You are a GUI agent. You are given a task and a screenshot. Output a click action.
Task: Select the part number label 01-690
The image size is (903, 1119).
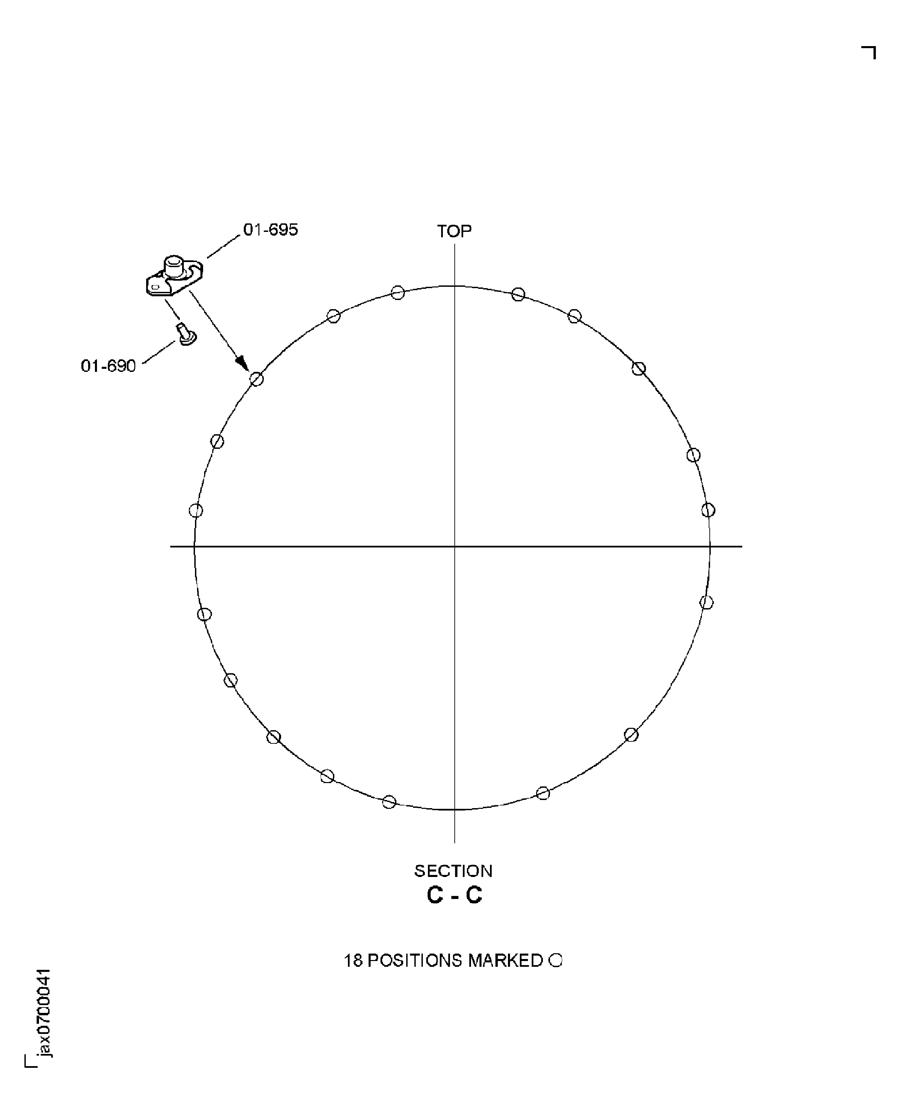click(x=108, y=366)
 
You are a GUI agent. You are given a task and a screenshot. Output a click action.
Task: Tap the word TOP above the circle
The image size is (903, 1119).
click(x=454, y=232)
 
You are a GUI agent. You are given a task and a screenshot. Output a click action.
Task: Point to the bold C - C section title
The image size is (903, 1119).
click(x=454, y=895)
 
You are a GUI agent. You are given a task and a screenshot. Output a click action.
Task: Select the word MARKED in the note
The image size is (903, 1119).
click(x=505, y=960)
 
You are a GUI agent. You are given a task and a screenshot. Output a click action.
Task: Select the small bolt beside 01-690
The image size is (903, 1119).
click(x=186, y=334)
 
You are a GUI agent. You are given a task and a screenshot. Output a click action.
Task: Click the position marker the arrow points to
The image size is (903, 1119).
click(x=256, y=379)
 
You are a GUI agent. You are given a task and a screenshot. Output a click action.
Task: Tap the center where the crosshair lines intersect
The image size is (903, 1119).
click(x=455, y=546)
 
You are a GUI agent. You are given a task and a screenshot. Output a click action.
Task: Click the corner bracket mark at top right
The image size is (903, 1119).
click(x=870, y=52)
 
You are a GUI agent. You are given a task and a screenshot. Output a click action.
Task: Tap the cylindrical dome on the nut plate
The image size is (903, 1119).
click(x=174, y=265)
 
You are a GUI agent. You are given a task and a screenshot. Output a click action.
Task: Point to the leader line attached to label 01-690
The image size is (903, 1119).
click(x=159, y=353)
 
